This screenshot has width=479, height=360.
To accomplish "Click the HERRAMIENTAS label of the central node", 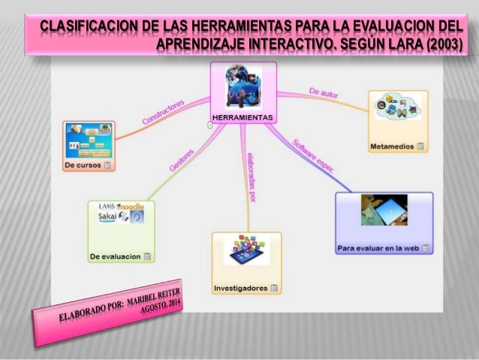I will (x=243, y=117).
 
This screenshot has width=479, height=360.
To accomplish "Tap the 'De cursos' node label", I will (x=83, y=164).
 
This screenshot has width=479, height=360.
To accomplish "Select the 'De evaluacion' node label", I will (x=115, y=256).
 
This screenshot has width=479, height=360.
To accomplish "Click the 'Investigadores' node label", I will (x=240, y=288).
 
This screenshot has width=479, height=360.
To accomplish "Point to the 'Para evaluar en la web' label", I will (x=378, y=247).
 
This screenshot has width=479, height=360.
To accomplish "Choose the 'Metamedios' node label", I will (x=392, y=146).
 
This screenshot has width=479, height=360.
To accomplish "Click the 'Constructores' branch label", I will (x=163, y=113).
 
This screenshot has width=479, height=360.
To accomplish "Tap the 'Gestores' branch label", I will (x=182, y=160).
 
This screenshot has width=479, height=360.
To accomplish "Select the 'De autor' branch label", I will (x=324, y=93).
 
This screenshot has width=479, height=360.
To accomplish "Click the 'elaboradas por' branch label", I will (x=252, y=177).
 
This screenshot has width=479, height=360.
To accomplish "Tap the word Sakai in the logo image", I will (x=110, y=218).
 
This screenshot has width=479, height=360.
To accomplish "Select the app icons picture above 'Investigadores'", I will (x=246, y=249).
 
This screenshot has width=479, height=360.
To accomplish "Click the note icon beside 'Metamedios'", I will (x=420, y=146).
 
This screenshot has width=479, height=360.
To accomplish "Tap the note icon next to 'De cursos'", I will (x=108, y=164).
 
